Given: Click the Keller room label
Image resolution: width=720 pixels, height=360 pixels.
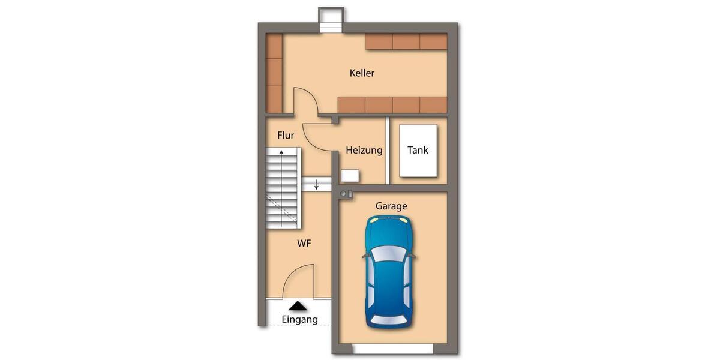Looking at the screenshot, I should (362, 73).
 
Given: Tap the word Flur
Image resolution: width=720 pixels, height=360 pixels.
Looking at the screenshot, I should (286, 136).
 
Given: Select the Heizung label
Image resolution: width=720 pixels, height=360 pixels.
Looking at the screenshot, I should (364, 150).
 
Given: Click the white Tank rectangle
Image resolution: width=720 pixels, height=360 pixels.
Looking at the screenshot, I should (418, 151).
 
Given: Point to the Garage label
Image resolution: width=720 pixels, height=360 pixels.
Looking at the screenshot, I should (391, 206).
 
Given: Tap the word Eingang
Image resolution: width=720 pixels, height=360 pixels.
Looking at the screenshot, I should (299, 319).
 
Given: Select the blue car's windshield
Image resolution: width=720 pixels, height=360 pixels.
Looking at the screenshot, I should (390, 255).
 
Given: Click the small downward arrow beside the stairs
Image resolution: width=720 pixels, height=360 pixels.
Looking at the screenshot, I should (316, 184).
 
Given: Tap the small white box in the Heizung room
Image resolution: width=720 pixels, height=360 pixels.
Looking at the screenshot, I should (350, 176).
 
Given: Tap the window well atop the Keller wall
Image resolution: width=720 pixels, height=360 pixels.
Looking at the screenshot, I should (330, 20).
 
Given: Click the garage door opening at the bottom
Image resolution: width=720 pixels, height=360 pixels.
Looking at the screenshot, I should (393, 349).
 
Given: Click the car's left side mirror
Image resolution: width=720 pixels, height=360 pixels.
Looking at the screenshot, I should (365, 255).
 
